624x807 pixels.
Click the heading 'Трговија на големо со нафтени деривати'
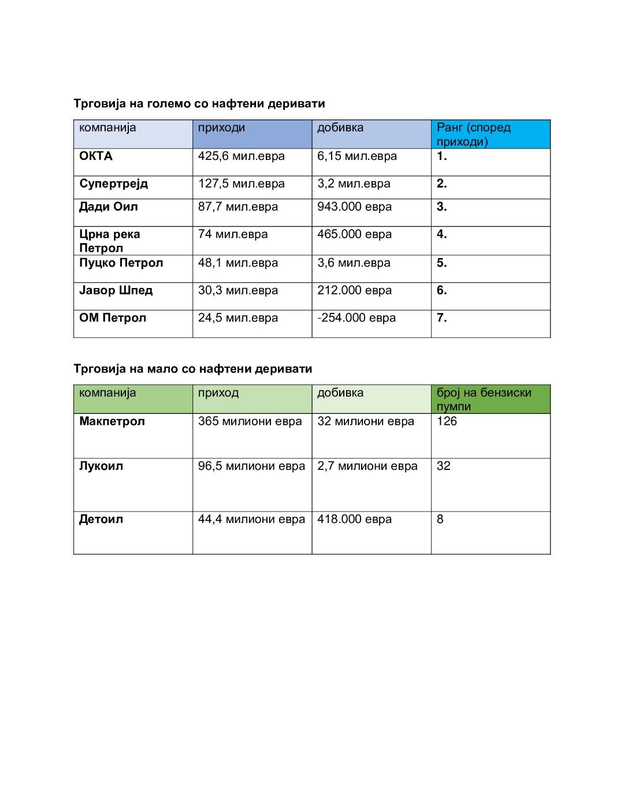coord(199,104)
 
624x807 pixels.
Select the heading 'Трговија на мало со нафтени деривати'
coord(192,369)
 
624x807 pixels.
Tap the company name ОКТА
coord(96,156)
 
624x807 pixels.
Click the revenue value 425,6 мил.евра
coord(241,156)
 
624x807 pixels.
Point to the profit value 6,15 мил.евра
coord(356,156)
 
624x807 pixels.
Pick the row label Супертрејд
coord(113,184)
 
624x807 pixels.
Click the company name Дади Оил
coord(108,207)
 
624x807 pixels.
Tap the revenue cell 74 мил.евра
coord(233,234)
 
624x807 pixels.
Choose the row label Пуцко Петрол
coord(121,263)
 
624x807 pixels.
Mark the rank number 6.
coord(441,290)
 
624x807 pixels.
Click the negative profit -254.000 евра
coord(356,318)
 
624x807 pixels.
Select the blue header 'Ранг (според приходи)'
coord(473,134)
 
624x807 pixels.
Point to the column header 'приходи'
coord(221,128)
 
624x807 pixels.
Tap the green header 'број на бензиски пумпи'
coord(484,399)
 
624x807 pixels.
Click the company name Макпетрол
coord(112,421)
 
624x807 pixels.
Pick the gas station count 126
coord(447,421)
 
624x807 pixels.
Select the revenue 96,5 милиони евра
coord(251,466)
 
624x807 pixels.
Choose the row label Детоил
coord(101,520)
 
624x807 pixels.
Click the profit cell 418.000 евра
coord(354,520)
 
